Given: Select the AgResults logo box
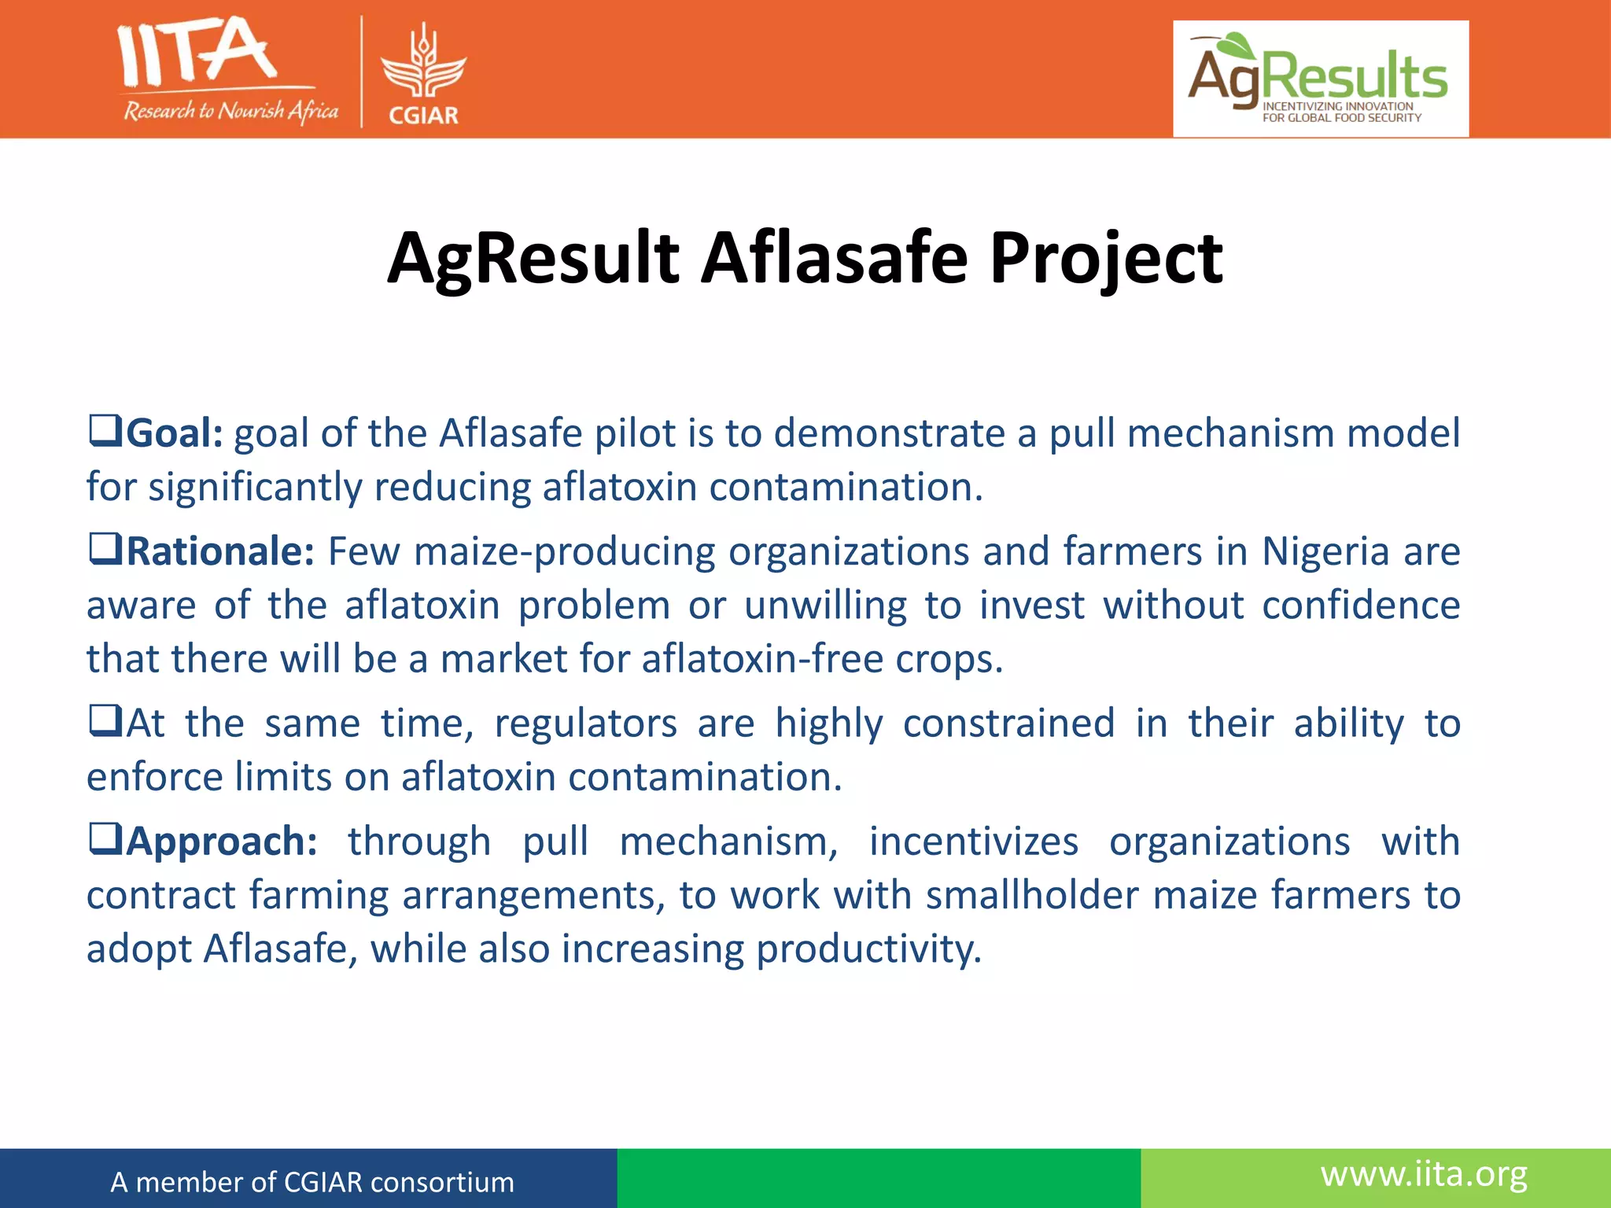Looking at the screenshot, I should coord(1321,79).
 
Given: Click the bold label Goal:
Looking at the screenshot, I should coord(175,433).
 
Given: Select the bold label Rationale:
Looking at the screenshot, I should coord(220,551).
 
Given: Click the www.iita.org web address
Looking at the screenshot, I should coord(1424,1175).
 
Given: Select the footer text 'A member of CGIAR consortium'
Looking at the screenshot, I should coord(312,1182).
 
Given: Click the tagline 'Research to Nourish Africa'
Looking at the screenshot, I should coord(230,111).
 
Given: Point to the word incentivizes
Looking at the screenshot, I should coord(973,842).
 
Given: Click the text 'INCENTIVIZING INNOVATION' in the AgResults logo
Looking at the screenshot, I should coord(1337,106).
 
